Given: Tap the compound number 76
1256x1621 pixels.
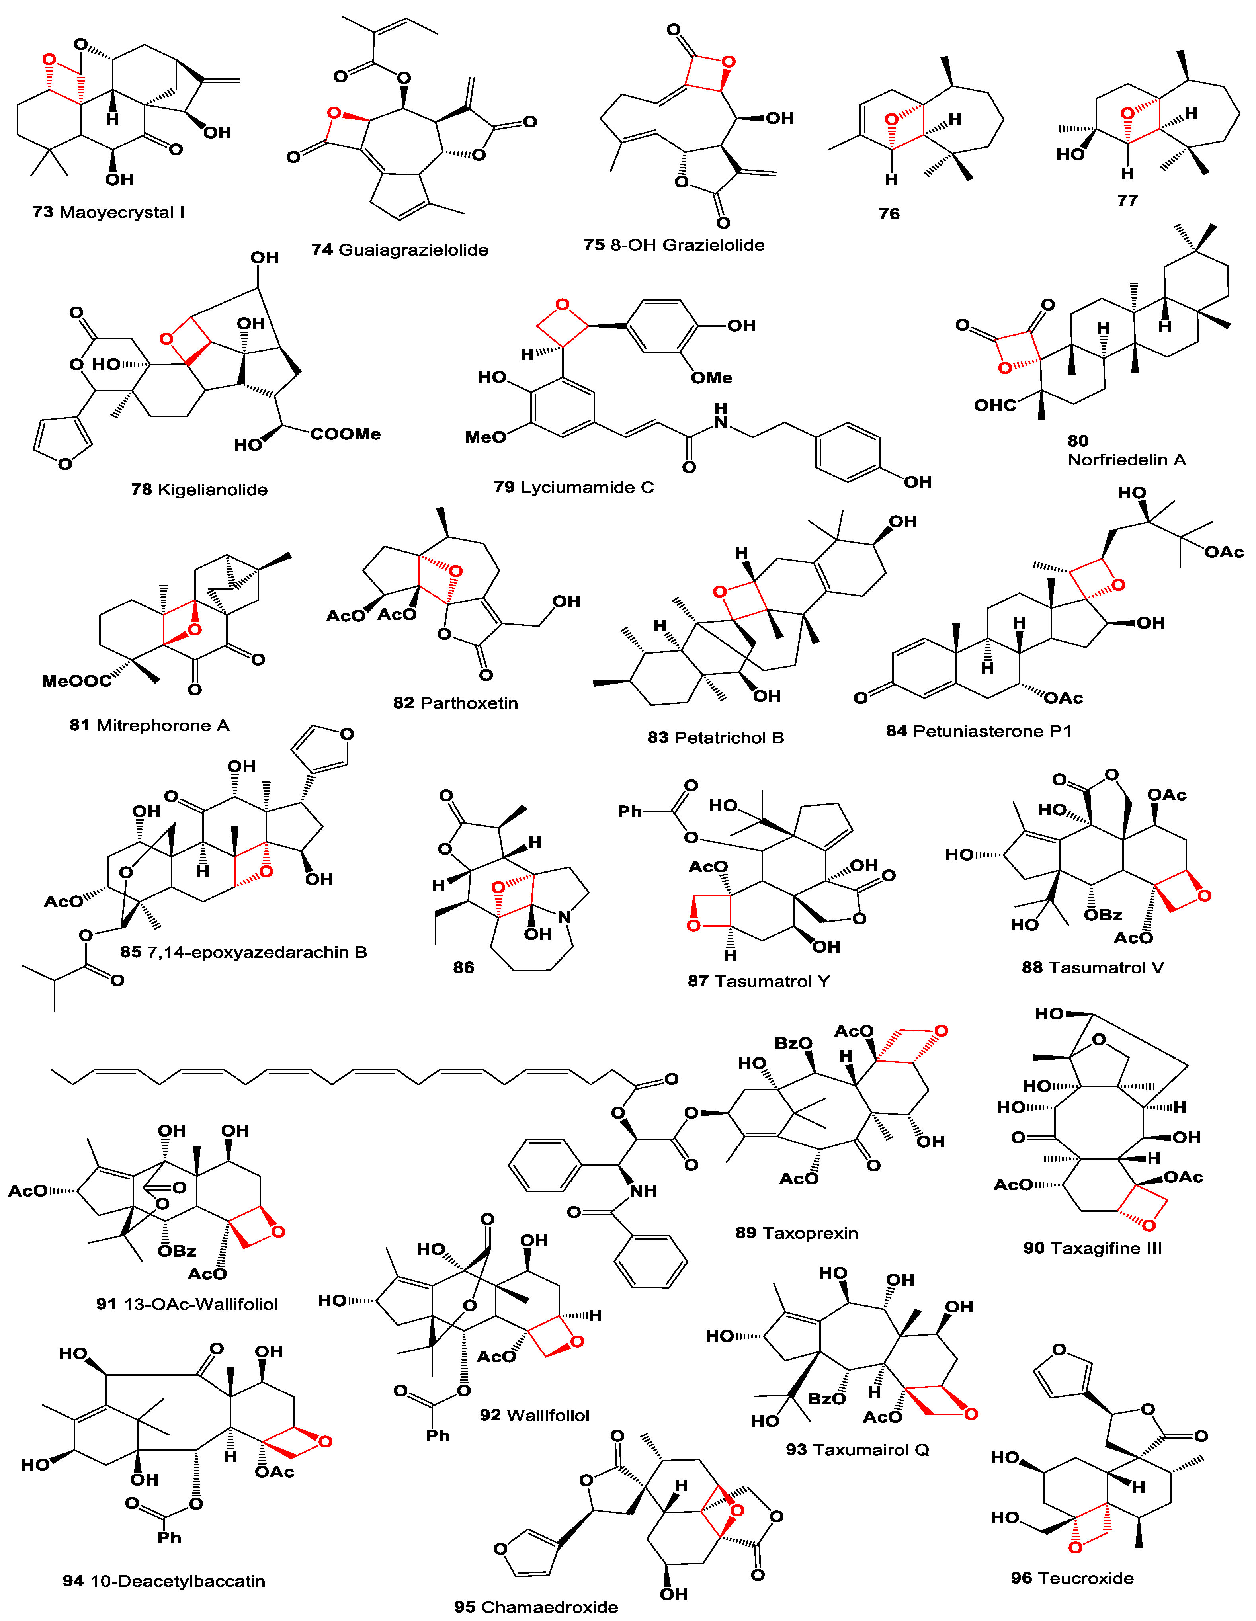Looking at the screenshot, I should [x=889, y=214].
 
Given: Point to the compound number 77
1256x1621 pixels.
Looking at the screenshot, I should [x=1127, y=201].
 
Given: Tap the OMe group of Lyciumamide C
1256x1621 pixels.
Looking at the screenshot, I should [x=711, y=378].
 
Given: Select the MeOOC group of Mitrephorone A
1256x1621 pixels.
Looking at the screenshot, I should [x=76, y=681].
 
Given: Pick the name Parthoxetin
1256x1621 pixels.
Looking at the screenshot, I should [x=469, y=703].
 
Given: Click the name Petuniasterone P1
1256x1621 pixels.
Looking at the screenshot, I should [x=992, y=731].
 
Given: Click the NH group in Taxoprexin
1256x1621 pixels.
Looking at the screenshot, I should [x=643, y=1191].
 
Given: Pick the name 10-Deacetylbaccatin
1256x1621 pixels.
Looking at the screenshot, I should [x=177, y=1581].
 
